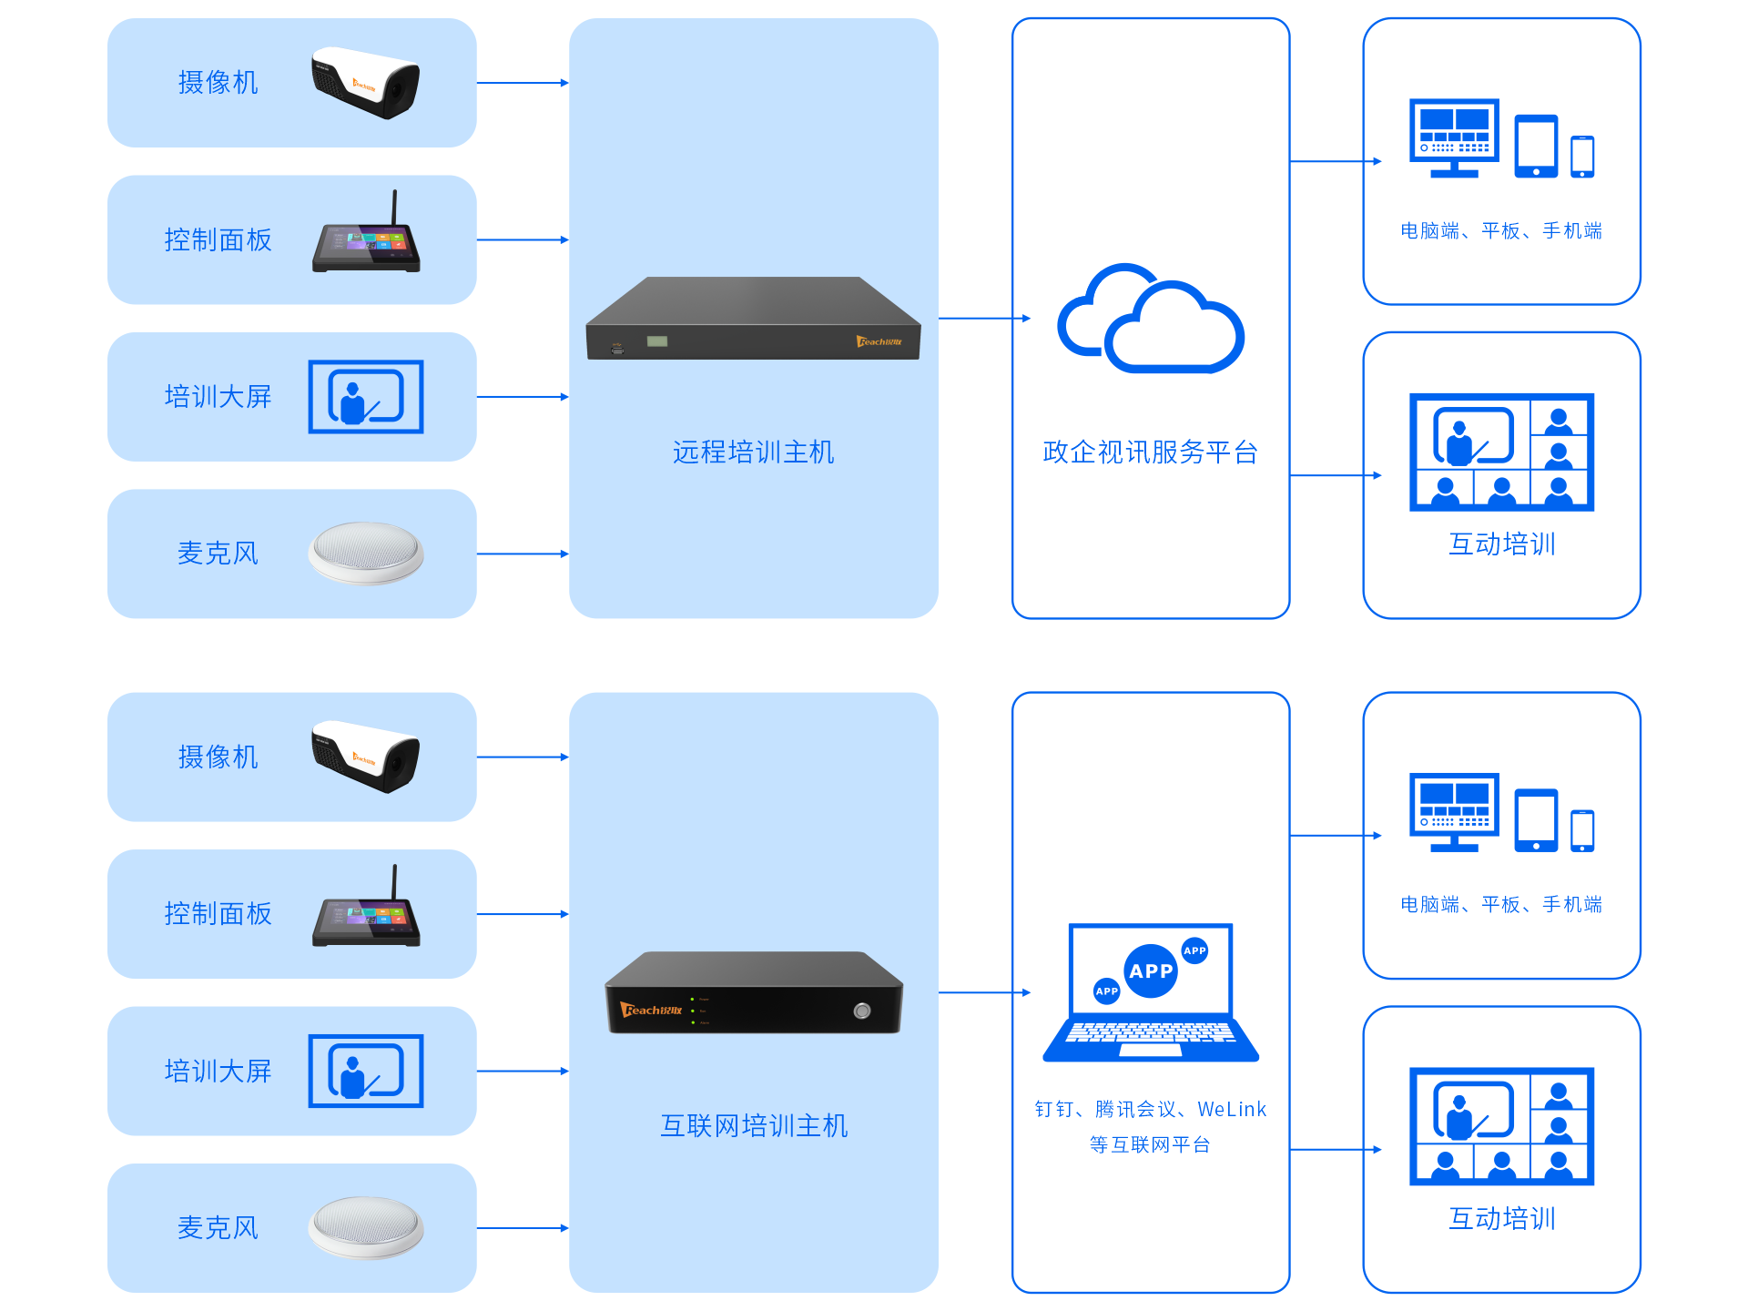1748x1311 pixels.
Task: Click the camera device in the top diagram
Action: [365, 83]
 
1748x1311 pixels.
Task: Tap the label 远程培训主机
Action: [753, 452]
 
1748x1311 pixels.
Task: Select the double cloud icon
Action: [1150, 320]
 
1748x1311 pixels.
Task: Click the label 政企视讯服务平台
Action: [1150, 452]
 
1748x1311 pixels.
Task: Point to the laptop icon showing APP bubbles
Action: [1151, 992]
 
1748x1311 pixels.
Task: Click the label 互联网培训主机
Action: [754, 1126]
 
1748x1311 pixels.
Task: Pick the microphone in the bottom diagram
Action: [366, 1227]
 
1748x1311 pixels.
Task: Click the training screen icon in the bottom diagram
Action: [366, 1071]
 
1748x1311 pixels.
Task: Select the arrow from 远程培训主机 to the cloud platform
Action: [983, 319]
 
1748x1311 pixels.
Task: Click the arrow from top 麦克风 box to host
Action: [523, 554]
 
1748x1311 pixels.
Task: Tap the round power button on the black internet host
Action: [861, 1011]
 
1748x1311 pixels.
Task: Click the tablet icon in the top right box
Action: [1536, 146]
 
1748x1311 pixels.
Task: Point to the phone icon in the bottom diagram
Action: [1582, 830]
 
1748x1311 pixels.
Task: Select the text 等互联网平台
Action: [1150, 1144]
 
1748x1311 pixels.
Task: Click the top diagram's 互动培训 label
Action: [1501, 544]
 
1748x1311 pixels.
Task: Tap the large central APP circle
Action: [1151, 971]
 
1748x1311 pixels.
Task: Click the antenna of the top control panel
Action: [394, 207]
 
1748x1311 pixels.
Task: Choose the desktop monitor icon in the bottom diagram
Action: [1454, 811]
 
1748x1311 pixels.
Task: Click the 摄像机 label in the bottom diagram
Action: [218, 757]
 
